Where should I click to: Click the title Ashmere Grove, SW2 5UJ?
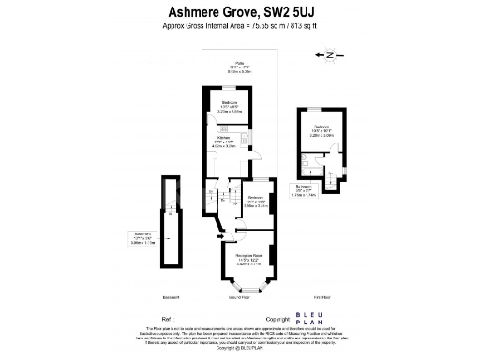(238, 12)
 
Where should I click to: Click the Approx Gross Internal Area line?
(238, 27)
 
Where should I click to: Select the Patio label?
(227, 68)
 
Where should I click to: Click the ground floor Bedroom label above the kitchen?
(229, 105)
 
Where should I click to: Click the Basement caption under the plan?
(171, 296)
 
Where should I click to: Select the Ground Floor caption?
(240, 296)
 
